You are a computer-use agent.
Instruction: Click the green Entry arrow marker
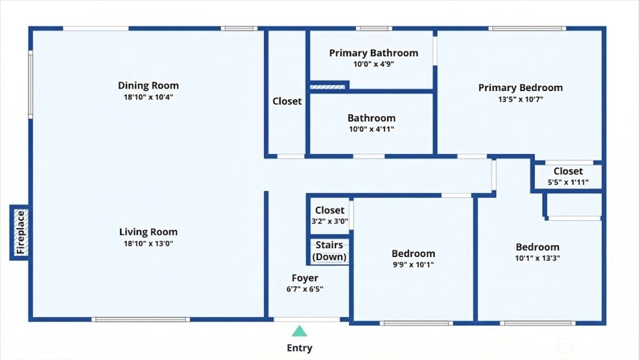(299, 331)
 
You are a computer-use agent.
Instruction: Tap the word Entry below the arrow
(299, 348)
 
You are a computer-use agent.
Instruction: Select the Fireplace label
(21, 233)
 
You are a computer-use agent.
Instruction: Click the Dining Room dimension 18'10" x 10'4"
(149, 97)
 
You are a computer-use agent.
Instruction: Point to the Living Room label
(149, 232)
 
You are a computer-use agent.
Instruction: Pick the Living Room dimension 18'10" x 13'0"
(149, 243)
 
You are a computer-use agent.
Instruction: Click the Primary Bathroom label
(374, 53)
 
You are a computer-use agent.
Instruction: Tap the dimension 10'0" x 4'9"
(374, 64)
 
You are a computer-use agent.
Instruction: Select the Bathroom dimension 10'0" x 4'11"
(372, 129)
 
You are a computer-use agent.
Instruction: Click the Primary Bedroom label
(521, 88)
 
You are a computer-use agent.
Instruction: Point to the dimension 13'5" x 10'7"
(521, 100)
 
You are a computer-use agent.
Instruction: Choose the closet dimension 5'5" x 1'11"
(568, 182)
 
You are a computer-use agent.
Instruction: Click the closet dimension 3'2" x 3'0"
(330, 222)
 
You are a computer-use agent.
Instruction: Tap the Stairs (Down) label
(330, 251)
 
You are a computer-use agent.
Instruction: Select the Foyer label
(305, 278)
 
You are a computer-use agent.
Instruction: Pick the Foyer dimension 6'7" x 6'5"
(305, 289)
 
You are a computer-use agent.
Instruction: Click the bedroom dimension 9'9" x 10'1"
(413, 265)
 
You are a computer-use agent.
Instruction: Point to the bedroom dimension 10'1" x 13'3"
(537, 258)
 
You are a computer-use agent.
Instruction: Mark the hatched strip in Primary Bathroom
(327, 87)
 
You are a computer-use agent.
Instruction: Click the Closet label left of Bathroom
(287, 101)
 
